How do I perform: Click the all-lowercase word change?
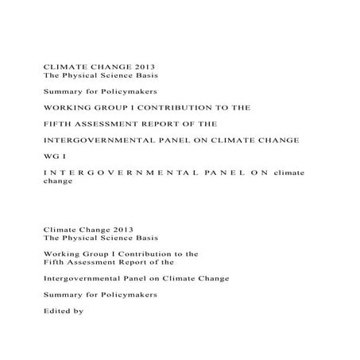[x=56, y=181]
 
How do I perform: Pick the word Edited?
[x=55, y=312]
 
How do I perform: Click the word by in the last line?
[x=78, y=312]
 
